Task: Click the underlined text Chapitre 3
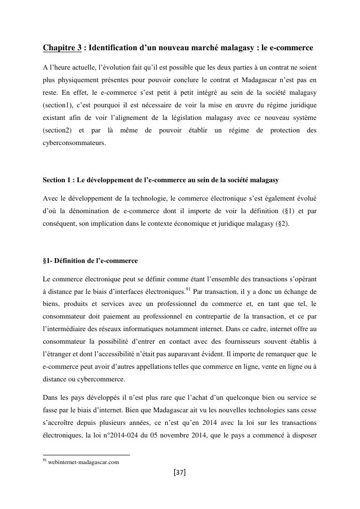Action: coord(62,48)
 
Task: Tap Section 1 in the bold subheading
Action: coord(57,180)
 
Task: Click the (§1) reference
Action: coord(287,211)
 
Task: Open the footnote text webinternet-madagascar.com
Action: coord(84,462)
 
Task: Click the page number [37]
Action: coord(179,472)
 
